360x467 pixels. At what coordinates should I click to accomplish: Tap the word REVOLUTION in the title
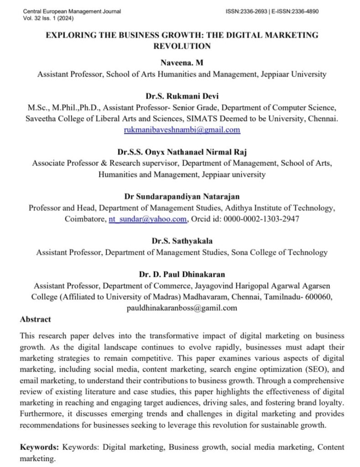(x=182, y=46)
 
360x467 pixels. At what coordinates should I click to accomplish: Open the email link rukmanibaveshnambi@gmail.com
(x=182, y=130)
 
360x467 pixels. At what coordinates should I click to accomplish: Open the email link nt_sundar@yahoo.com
(x=147, y=219)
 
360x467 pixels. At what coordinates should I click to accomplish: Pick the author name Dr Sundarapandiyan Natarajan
(x=182, y=197)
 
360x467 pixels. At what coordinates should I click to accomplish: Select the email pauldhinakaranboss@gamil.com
(x=182, y=308)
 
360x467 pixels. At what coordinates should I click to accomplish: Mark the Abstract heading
(x=35, y=319)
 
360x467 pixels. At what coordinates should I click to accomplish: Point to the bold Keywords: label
(x=40, y=447)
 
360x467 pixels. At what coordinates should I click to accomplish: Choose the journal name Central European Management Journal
(x=72, y=11)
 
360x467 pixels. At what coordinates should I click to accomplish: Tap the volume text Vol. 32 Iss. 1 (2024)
(x=47, y=18)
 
